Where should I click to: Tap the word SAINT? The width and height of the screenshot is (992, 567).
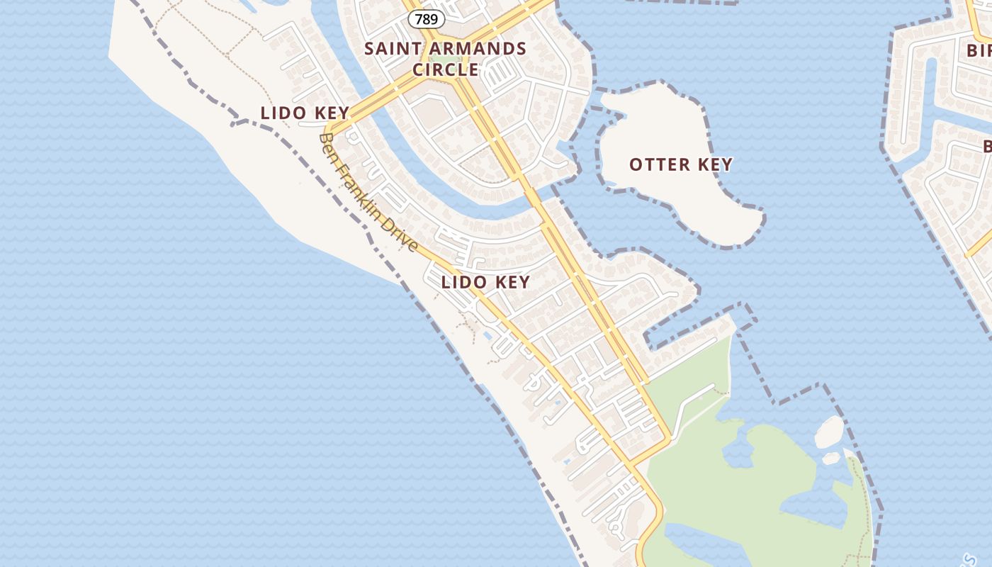392,49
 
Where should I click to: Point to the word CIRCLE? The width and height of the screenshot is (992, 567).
446,69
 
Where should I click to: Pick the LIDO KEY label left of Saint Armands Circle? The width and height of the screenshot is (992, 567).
305,113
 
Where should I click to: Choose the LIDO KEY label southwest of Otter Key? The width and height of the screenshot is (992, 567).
485,282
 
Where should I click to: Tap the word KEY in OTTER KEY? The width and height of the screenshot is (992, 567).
716,165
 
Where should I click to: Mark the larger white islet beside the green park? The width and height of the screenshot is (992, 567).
829,431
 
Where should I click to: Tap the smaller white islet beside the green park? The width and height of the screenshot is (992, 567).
831,459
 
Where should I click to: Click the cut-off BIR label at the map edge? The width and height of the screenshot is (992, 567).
979,50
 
